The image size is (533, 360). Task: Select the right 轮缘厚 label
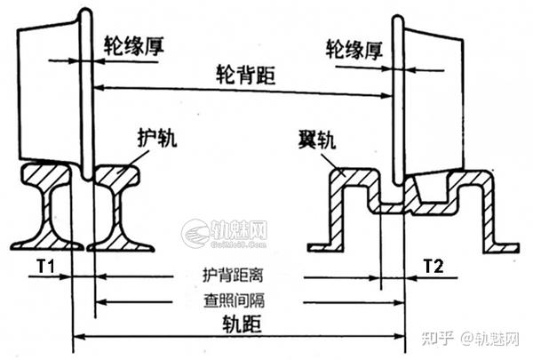pyautogui.click(x=354, y=47)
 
